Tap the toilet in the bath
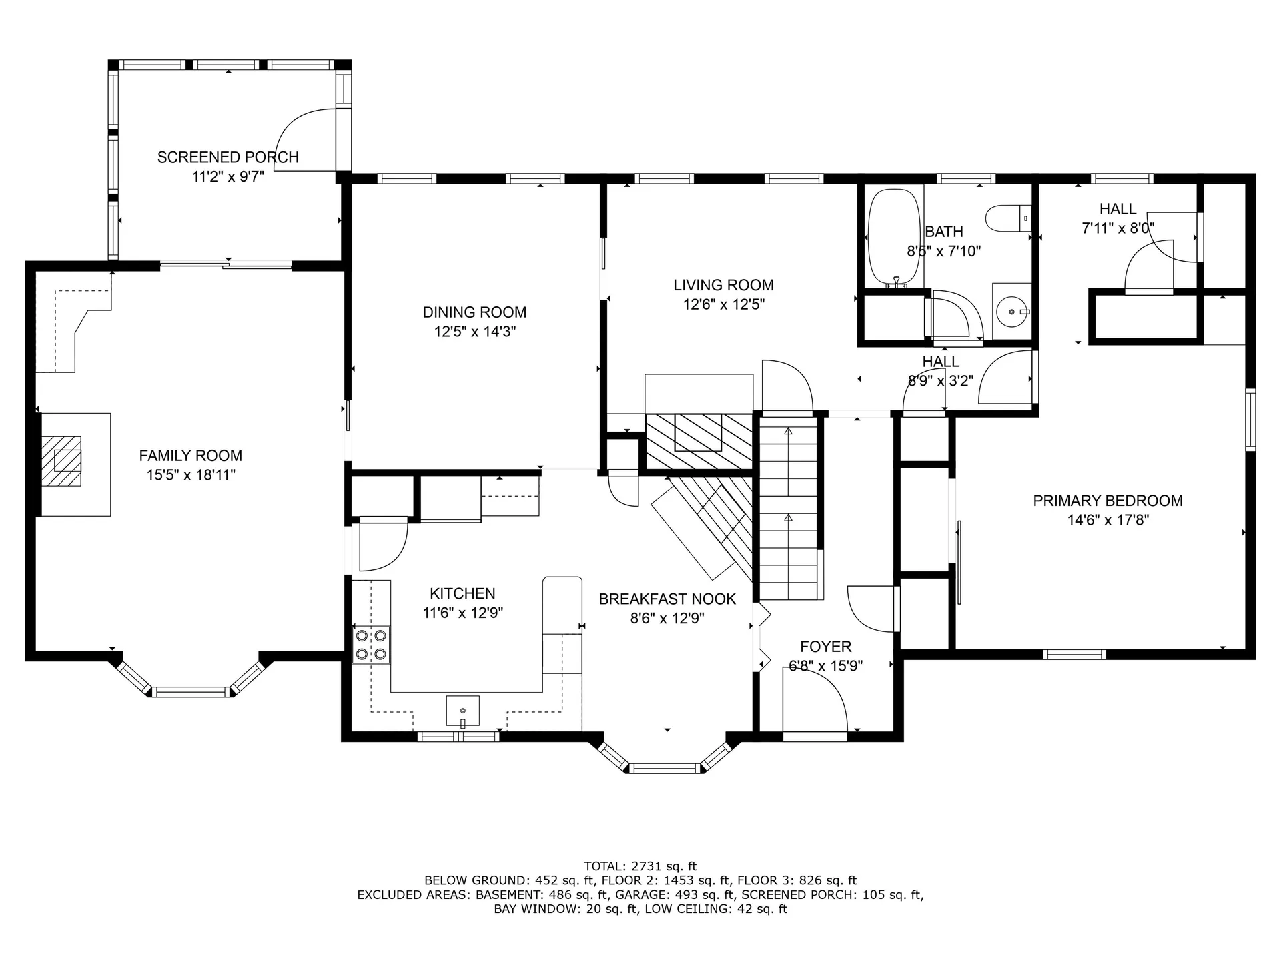point(1008,218)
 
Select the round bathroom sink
point(1012,312)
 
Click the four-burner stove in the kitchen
point(372,645)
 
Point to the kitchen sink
point(462,710)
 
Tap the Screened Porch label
point(228,157)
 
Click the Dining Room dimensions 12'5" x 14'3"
point(474,332)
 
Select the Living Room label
point(723,285)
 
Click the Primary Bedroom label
point(1108,501)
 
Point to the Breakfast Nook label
point(667,599)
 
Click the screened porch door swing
point(304,141)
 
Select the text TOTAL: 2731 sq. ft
point(640,866)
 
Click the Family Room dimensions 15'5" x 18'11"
point(191,475)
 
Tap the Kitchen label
point(462,593)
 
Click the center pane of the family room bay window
point(190,691)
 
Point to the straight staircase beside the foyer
point(788,507)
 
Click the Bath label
point(943,232)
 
